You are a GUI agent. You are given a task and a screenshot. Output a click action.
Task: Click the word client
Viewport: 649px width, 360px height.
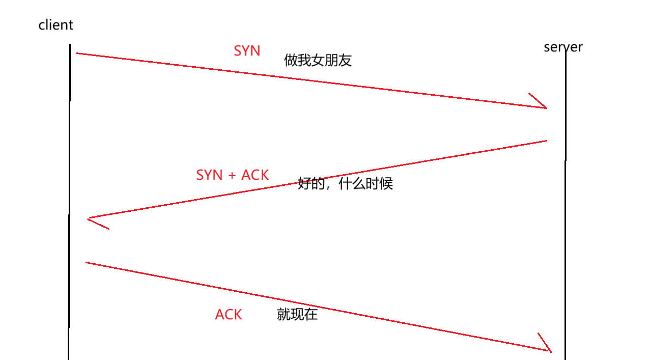click(55, 24)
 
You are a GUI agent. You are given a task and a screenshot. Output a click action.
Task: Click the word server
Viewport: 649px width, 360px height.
click(562, 47)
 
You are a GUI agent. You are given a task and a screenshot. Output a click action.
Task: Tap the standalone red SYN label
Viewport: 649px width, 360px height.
click(247, 51)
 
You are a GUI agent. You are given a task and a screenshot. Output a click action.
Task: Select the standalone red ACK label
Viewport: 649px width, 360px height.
click(228, 315)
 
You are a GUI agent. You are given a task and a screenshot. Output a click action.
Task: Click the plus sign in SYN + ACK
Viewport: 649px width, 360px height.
click(232, 175)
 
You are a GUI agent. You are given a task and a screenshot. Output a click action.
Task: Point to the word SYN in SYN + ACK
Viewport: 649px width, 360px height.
click(209, 175)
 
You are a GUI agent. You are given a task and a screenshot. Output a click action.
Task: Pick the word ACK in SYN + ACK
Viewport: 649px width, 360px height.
click(255, 175)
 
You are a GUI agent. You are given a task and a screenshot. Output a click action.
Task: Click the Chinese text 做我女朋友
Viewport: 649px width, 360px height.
click(318, 61)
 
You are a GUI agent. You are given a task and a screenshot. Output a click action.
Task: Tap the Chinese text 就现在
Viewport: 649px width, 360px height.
click(297, 314)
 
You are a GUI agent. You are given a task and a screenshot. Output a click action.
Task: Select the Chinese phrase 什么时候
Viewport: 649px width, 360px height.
click(365, 183)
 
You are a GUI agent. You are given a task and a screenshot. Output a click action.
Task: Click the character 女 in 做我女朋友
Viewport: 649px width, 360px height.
click(318, 61)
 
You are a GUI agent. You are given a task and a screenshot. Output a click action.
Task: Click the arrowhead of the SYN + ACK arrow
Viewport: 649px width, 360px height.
click(90, 218)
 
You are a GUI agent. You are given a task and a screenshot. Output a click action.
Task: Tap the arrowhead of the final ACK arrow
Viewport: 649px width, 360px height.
click(550, 351)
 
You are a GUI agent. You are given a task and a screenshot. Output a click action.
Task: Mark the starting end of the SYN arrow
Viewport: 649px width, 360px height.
click(77, 53)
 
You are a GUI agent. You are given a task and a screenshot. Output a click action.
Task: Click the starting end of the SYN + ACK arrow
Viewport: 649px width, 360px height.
click(546, 141)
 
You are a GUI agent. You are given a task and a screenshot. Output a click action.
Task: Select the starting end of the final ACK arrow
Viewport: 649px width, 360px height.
click(87, 263)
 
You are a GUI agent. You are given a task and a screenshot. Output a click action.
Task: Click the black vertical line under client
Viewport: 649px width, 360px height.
click(69, 153)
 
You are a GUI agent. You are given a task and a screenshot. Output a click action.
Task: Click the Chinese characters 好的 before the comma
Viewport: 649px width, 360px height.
click(311, 183)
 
